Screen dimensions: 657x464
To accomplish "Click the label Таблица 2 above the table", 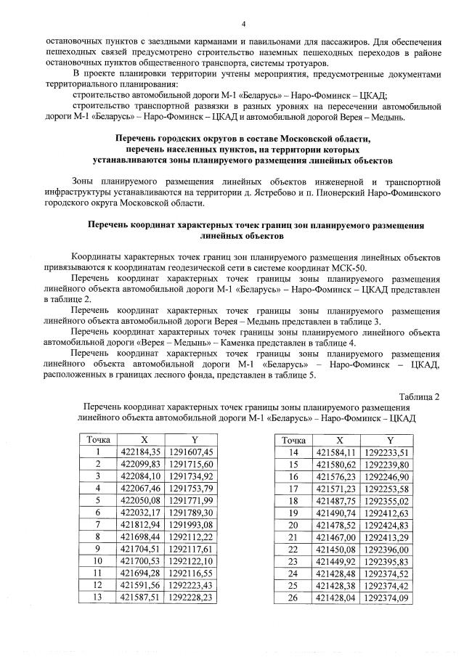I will (419, 396).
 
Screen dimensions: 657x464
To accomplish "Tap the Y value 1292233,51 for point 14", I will (389, 452).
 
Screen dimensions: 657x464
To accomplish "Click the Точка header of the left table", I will (97, 439).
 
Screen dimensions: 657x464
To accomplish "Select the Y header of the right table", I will (389, 439).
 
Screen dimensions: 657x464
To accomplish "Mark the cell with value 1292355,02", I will (389, 501).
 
